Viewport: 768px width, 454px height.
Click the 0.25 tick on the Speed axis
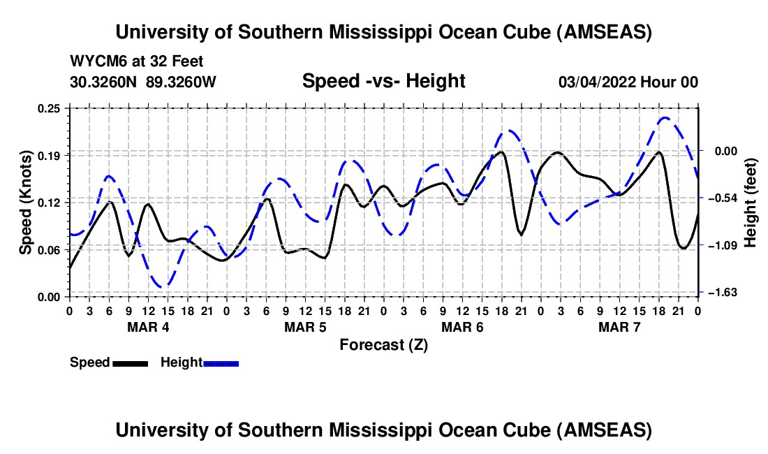point(52,108)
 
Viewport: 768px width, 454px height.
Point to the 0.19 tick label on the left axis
point(52,155)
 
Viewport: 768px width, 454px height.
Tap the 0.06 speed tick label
point(52,249)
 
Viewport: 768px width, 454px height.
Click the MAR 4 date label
point(147,328)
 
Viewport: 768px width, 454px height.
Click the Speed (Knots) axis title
point(26,202)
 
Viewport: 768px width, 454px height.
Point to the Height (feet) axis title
point(751,202)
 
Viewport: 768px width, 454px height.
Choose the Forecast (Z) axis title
point(383,344)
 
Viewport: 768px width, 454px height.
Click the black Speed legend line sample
point(130,363)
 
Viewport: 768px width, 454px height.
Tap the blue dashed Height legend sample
point(221,363)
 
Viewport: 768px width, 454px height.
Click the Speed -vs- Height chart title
point(383,81)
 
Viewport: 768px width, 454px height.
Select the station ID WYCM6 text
point(94,62)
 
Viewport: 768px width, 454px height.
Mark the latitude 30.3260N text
point(104,82)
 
